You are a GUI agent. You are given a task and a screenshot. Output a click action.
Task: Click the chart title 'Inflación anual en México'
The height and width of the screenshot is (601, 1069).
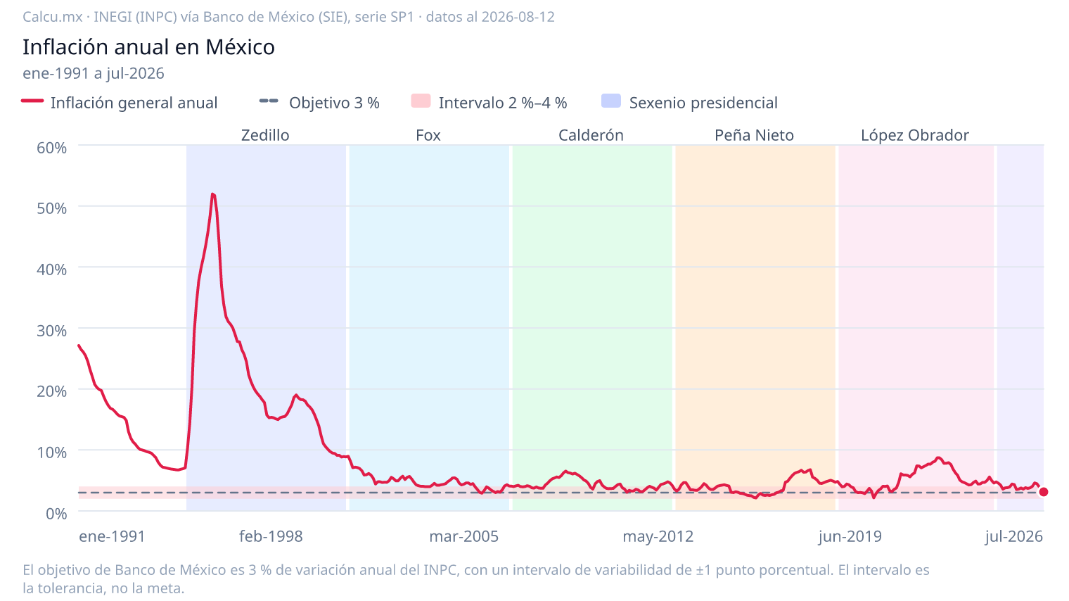148,46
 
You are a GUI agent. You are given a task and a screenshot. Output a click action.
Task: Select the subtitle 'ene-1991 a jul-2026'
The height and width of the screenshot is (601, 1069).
94,73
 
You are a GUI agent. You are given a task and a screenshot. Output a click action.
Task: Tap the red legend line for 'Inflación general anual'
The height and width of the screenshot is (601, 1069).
32,101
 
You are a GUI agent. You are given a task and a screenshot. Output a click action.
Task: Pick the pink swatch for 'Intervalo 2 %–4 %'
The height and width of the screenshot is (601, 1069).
421,101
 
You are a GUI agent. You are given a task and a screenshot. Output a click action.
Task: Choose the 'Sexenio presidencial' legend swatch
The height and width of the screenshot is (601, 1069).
611,101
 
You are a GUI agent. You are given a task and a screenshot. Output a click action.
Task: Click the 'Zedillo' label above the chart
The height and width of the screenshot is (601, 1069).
265,135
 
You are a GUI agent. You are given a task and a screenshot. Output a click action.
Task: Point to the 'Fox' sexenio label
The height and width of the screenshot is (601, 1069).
428,135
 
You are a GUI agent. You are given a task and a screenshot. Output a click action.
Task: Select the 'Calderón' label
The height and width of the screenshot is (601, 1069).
591,135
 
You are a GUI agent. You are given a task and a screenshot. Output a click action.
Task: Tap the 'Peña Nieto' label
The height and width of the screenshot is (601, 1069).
754,135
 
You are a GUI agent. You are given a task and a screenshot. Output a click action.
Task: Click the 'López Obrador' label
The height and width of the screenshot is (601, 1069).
915,135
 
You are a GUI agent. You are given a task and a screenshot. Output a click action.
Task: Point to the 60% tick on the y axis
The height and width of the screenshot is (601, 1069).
51,148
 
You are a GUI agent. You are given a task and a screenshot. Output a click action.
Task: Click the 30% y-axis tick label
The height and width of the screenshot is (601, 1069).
51,330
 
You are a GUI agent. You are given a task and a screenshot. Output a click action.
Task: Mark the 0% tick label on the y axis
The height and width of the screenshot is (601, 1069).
56,514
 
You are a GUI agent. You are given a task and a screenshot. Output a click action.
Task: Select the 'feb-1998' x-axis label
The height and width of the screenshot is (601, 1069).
271,536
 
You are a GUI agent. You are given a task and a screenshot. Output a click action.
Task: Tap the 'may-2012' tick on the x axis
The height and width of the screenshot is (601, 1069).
658,536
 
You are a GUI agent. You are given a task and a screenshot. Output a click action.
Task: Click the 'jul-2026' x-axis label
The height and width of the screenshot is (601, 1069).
1013,536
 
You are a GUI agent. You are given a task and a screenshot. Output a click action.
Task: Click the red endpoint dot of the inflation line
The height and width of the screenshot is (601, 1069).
1043,492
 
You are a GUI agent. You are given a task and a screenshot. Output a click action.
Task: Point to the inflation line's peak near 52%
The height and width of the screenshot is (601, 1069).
212,194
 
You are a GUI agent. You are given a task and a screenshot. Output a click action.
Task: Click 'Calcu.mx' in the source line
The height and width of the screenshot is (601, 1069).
53,17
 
